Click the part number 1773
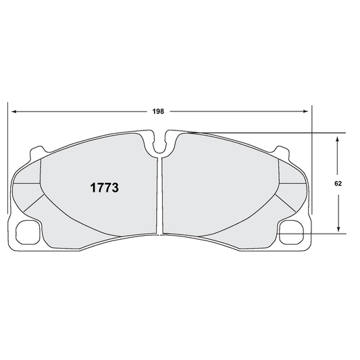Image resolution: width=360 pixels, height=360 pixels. click(105, 188)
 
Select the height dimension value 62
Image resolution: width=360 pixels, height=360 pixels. click(338, 183)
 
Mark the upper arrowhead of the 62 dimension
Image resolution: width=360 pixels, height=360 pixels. click(338, 137)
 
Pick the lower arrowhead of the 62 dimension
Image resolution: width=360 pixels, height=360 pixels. click(338, 229)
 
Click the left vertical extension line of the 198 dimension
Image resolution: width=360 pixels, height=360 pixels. click(7, 162)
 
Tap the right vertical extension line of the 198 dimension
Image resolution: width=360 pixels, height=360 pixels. click(311, 162)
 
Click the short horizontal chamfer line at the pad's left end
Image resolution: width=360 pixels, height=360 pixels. click(26, 184)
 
